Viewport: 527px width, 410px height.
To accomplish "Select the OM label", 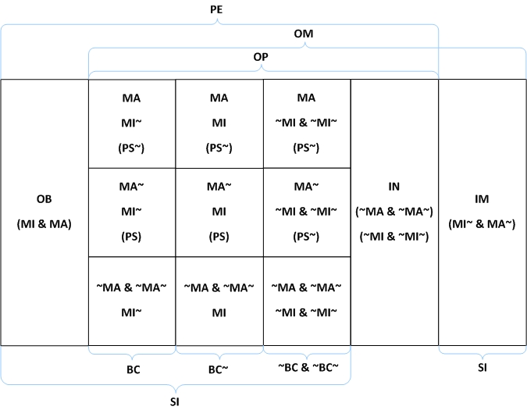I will coord(304,34).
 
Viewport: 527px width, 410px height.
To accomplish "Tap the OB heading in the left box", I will coord(45,199).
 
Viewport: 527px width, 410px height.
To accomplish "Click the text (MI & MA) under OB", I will coord(45,224).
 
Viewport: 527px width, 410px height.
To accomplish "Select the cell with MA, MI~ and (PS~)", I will coord(132,123).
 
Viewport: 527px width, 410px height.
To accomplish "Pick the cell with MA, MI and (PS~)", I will coord(219,123).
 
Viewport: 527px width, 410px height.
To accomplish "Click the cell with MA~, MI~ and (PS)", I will coord(132,212).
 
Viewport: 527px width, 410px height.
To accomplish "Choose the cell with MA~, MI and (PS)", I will coord(219,212).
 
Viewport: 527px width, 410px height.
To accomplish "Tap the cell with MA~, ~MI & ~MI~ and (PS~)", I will coord(307,212).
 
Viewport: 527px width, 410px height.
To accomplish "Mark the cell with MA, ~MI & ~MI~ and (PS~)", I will coord(307,123).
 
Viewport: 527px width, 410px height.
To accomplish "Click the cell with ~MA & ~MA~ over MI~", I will coord(132,301).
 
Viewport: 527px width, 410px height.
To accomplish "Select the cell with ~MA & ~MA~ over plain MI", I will coord(219,301).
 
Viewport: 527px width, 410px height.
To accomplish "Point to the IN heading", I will coord(394,187).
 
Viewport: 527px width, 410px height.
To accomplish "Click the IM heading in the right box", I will coord(482,199).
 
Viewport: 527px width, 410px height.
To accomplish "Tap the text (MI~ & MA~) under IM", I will coord(482,224).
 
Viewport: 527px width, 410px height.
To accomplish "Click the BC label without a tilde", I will coord(133,369).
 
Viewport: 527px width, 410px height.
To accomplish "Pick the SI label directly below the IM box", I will coord(482,367).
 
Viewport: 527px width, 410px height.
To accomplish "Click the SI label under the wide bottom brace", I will coord(176,401).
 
